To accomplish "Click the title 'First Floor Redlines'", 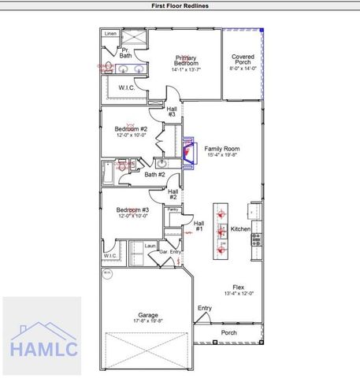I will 180,5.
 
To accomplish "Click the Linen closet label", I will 110,35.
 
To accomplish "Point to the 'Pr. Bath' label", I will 125,53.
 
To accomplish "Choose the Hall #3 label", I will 171,111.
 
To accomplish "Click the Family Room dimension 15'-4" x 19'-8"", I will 223,155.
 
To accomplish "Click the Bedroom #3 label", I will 128,209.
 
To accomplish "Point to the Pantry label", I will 172,209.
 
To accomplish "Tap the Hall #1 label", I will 199,226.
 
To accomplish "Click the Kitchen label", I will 240,229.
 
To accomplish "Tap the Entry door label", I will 205,308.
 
